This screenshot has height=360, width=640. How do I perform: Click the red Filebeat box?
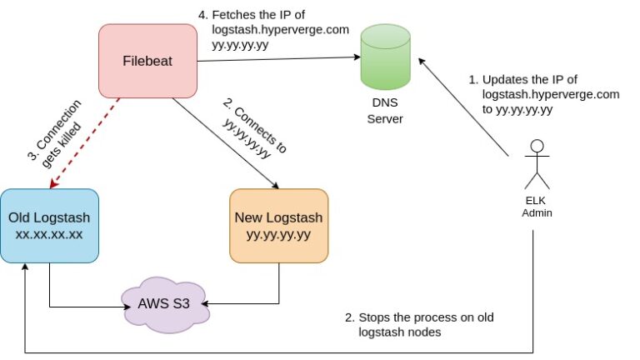147,59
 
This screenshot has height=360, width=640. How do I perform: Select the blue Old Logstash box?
50,225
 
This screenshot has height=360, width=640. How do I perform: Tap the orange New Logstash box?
278,226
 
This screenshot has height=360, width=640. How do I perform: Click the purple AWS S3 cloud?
162,303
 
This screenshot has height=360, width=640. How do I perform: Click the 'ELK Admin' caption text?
537,207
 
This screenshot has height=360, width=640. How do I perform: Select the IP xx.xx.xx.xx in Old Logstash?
50,234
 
